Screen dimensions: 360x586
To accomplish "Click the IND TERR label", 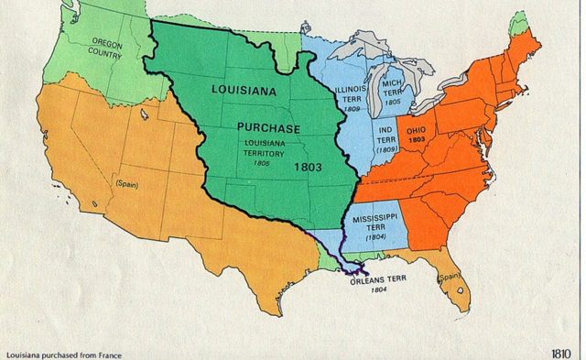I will [385, 136].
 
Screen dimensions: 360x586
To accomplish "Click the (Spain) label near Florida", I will [449, 277].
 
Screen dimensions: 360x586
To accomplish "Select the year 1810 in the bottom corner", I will [562, 353].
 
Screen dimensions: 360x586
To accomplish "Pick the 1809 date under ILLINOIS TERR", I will [349, 107].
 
